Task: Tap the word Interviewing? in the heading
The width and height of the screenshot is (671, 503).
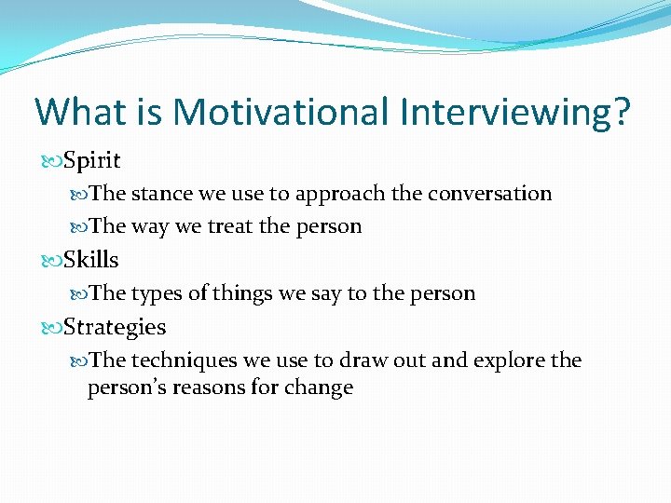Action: pos(515,113)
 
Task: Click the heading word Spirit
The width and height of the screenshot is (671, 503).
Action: pos(92,160)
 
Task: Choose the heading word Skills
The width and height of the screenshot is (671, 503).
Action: pos(91,260)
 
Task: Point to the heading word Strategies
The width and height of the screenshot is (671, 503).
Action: pos(115,327)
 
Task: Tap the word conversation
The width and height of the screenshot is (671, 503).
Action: pos(490,194)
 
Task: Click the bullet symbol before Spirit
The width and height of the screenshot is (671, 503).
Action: pos(53,161)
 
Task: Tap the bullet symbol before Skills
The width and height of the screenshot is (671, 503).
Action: pos(53,261)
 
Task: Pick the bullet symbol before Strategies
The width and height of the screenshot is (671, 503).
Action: pos(53,328)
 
